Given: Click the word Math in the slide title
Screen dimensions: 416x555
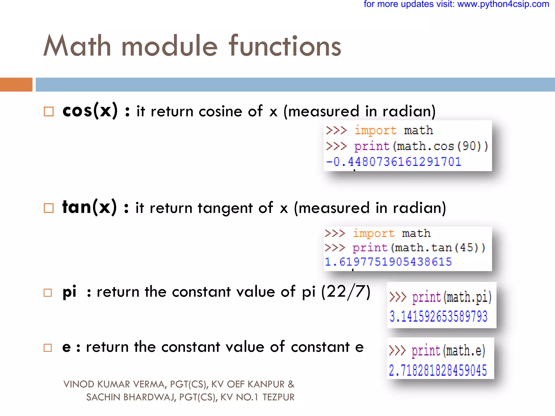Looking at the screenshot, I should [x=77, y=46].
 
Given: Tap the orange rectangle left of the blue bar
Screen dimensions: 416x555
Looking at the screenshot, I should [x=16, y=84].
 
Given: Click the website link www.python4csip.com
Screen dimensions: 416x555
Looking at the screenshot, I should [x=503, y=4].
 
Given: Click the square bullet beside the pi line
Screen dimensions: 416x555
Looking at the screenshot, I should [x=48, y=292].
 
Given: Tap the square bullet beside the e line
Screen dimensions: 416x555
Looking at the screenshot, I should [x=48, y=348].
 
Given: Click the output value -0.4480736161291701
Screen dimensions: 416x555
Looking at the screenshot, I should [x=393, y=162].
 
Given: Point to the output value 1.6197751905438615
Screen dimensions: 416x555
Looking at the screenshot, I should [x=388, y=262].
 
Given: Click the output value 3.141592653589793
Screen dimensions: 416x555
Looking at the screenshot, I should [x=438, y=316].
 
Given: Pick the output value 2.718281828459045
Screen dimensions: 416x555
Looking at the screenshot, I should [x=438, y=370].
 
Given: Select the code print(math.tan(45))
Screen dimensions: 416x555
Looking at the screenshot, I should [x=419, y=248].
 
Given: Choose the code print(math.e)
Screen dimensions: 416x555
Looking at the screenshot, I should [x=448, y=351].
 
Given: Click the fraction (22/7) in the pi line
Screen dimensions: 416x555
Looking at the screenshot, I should [x=346, y=292].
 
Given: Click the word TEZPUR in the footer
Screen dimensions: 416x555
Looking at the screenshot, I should [x=278, y=397].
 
